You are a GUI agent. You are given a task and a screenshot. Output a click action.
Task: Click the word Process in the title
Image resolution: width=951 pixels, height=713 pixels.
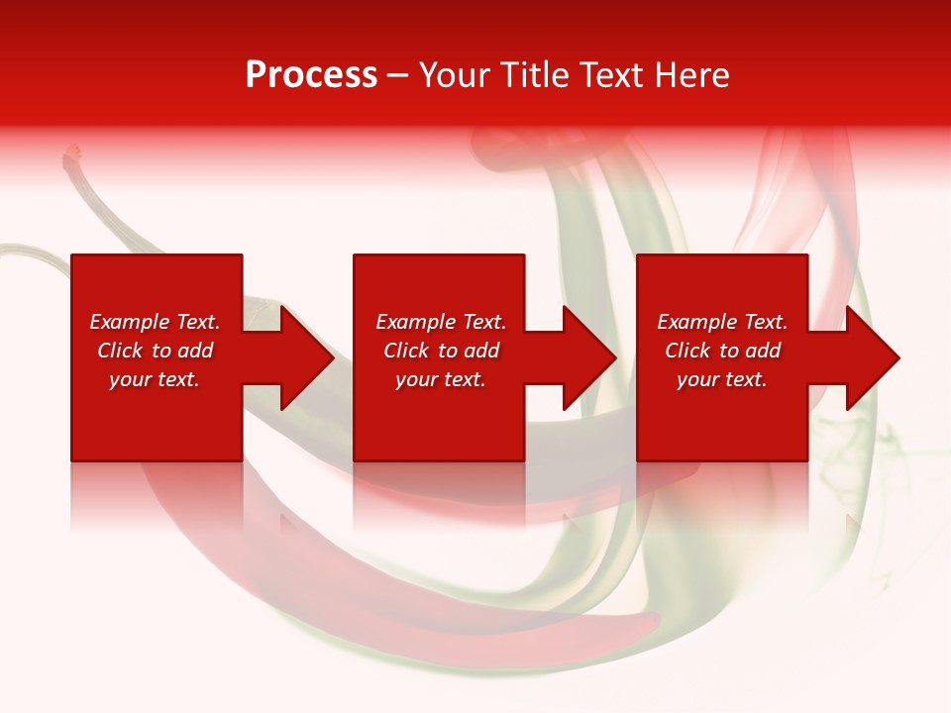pyautogui.click(x=311, y=75)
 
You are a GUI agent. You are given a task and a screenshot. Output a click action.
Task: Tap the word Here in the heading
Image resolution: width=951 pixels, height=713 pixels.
pyautogui.click(x=691, y=75)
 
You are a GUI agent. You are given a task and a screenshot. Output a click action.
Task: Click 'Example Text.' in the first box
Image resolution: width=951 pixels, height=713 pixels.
pyautogui.click(x=155, y=322)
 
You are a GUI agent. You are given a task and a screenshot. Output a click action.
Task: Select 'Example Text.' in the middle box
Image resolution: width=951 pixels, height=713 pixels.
pyautogui.click(x=441, y=322)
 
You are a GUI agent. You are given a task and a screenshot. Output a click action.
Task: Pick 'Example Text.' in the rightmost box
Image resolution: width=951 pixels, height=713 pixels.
pyautogui.click(x=722, y=322)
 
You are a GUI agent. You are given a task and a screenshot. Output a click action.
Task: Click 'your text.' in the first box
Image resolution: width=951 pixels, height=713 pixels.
pyautogui.click(x=155, y=379)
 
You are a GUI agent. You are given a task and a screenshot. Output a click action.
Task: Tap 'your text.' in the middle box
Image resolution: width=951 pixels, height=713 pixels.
pyautogui.click(x=441, y=379)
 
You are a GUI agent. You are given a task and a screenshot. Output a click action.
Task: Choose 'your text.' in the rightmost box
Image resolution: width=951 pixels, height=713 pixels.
pyautogui.click(x=722, y=379)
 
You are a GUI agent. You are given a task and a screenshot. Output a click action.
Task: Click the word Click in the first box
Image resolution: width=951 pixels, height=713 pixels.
pyautogui.click(x=120, y=351)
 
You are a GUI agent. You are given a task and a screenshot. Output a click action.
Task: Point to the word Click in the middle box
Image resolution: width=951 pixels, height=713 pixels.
pyautogui.click(x=406, y=351)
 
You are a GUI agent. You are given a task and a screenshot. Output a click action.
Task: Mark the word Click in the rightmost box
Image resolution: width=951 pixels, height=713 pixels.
pyautogui.click(x=687, y=351)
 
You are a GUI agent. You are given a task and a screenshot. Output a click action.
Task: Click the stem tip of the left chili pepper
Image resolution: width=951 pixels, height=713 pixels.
pyautogui.click(x=71, y=153)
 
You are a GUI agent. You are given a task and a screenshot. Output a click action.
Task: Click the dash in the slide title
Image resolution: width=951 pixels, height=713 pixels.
pyautogui.click(x=397, y=76)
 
